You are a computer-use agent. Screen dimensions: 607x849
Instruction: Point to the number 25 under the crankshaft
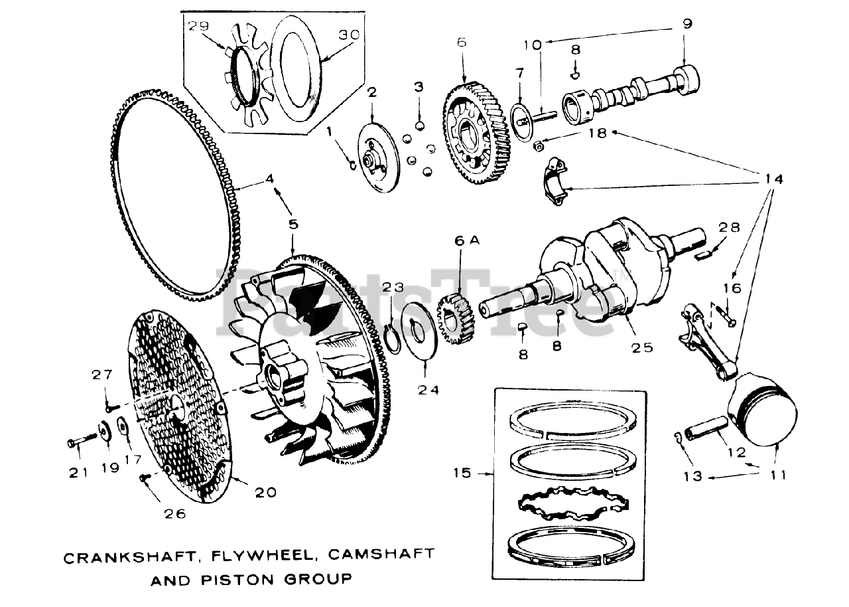coord(643,347)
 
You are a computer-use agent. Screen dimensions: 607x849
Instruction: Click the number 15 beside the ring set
coord(462,473)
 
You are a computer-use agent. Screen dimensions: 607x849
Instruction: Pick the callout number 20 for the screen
coord(265,492)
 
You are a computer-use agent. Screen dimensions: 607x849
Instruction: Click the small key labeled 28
coord(706,249)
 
